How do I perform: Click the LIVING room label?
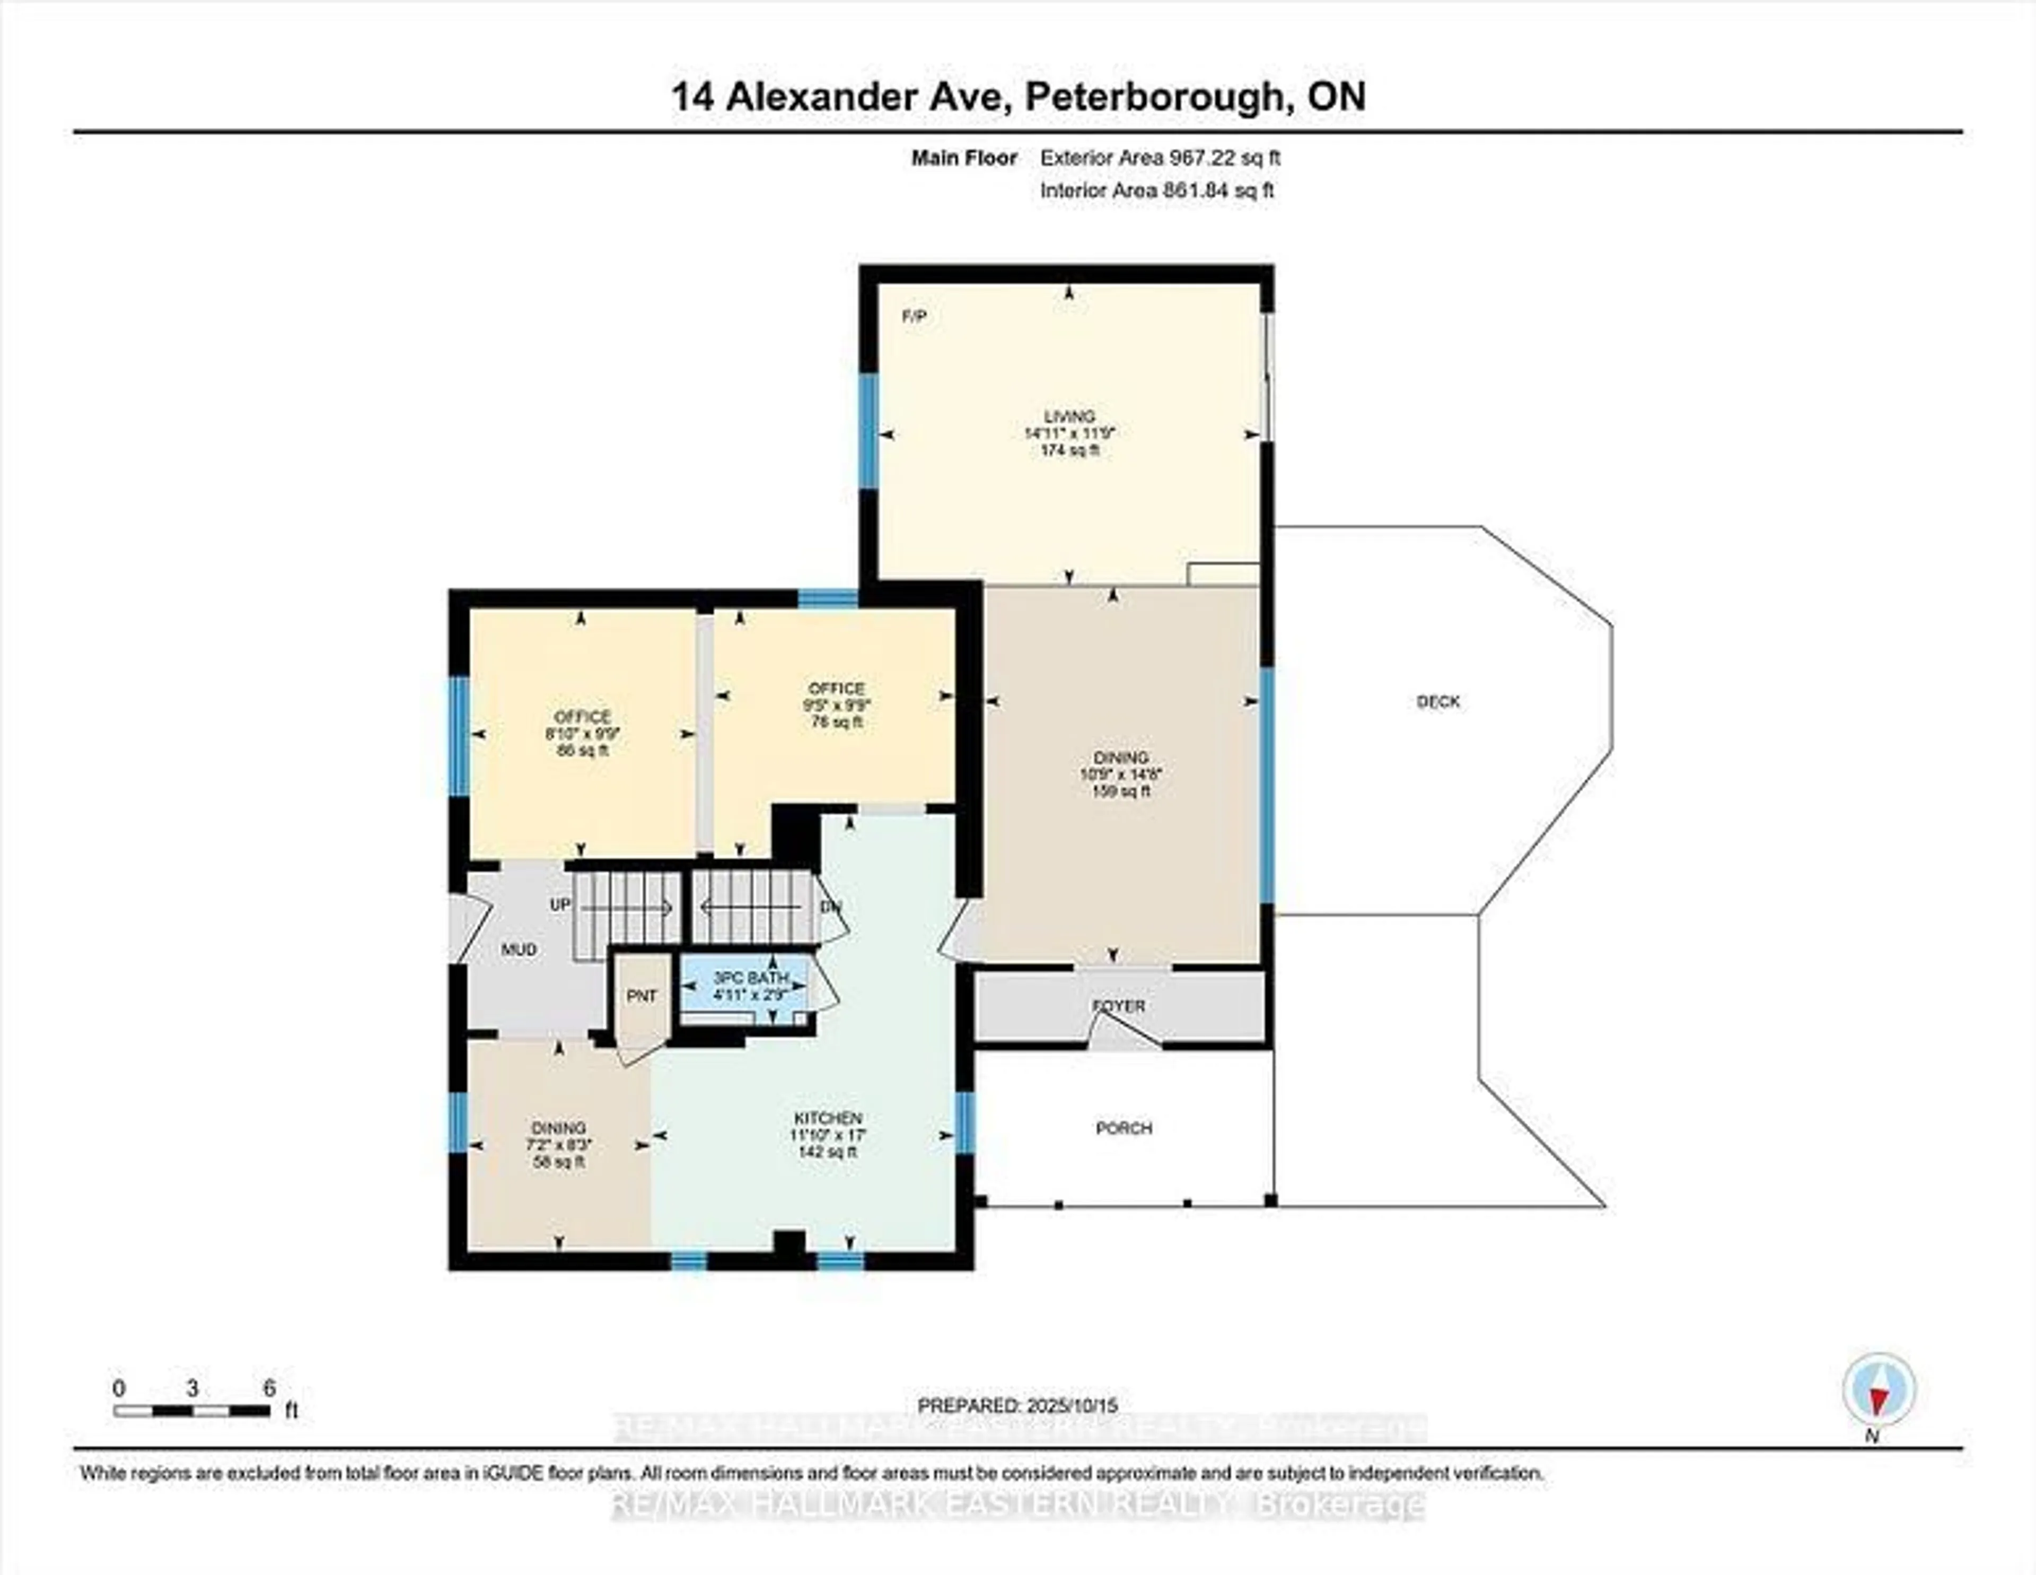click(1069, 417)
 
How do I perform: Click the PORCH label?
click(1124, 1128)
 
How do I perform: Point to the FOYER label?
click(1119, 1006)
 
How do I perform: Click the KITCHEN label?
click(827, 1118)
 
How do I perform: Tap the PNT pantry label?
click(642, 996)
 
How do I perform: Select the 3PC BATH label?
click(750, 978)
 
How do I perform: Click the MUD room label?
click(519, 949)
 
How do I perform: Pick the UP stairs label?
click(559, 904)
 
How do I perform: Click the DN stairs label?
click(830, 907)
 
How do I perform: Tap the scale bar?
click(192, 1411)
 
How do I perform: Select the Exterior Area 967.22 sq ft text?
click(1160, 158)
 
